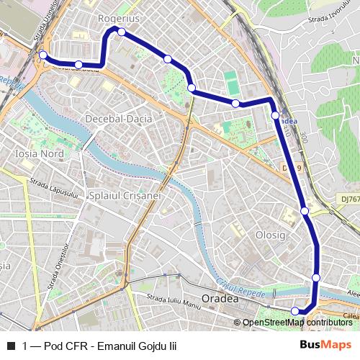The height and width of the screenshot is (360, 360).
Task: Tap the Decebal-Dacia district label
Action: point(118,117)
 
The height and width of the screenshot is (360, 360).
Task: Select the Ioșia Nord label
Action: point(40,154)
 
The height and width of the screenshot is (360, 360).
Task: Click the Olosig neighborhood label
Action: point(271,235)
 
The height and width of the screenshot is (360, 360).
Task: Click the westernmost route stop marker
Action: point(42,55)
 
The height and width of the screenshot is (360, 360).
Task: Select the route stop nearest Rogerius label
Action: point(122,32)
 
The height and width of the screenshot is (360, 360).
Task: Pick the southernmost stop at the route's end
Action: point(294,311)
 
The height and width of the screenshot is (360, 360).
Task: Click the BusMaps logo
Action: point(325,346)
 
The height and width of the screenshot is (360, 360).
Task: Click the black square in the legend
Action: point(11,346)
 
